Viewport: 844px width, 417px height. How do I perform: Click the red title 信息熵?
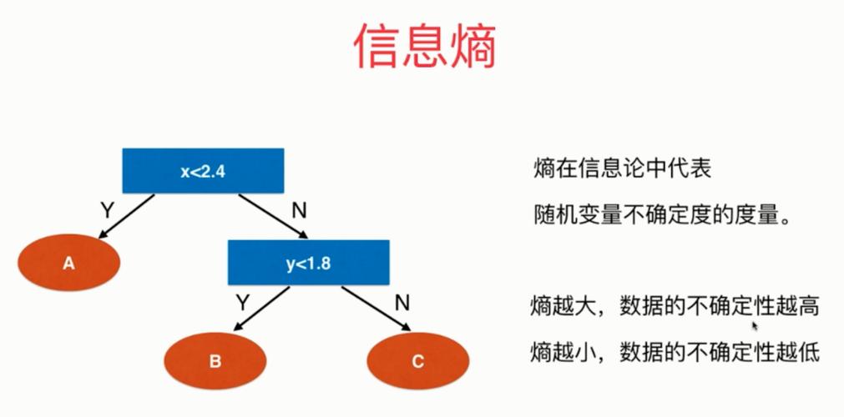click(425, 46)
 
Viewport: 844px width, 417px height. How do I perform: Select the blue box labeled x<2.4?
click(204, 172)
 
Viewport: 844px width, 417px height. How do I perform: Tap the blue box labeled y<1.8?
click(309, 263)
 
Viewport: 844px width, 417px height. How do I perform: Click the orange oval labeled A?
click(69, 264)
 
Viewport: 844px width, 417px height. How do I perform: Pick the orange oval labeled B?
click(215, 361)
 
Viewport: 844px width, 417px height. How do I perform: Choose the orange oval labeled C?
click(417, 361)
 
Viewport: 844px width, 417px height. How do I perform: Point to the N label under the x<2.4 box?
click(298, 210)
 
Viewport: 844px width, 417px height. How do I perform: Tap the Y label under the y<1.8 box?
click(242, 301)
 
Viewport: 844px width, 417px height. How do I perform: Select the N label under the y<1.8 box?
click(402, 302)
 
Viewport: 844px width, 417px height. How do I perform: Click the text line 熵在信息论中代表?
click(622, 169)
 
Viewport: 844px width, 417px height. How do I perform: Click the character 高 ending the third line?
click(808, 306)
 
